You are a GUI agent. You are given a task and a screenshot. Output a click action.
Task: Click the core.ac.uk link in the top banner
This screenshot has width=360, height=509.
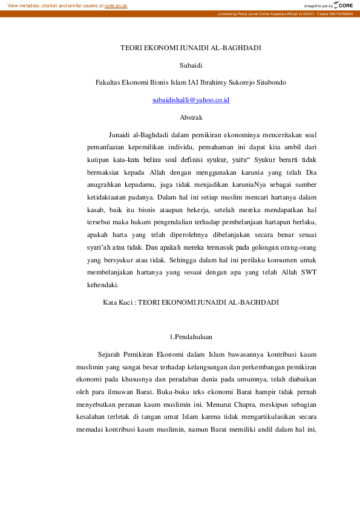(116, 5)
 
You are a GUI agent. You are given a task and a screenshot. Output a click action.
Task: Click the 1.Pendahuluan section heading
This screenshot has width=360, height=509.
(191, 336)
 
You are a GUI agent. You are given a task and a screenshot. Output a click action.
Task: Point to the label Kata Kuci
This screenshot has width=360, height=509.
(117, 300)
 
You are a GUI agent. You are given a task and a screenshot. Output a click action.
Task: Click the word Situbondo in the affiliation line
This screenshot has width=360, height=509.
(270, 82)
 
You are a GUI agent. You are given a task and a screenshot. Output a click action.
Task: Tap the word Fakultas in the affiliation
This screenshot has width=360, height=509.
(108, 82)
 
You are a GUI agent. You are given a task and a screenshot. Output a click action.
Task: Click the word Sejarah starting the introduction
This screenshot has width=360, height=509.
(109, 354)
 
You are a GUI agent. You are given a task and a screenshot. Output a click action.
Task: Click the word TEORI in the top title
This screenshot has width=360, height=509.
(132, 47)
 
